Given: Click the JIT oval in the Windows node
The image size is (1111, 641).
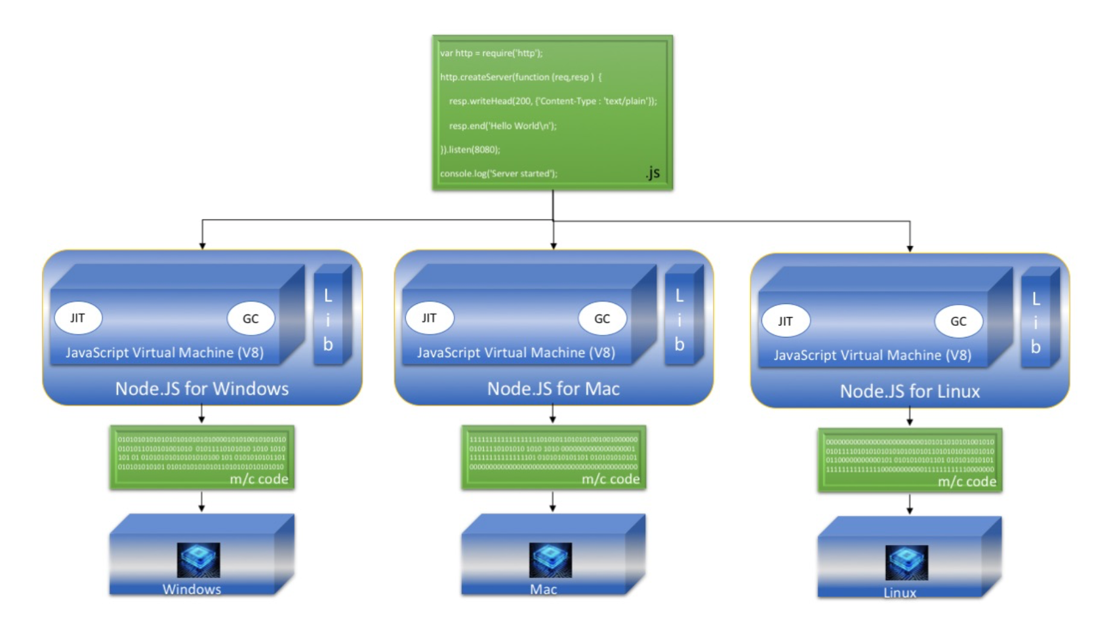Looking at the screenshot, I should click(78, 318).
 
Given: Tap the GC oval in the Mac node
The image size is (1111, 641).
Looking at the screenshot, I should click(601, 319).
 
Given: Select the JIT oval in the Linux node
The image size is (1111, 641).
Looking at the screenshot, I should click(785, 321).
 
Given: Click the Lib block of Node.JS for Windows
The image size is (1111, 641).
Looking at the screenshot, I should click(328, 319).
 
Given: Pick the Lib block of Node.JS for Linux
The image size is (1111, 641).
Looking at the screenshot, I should click(1036, 322).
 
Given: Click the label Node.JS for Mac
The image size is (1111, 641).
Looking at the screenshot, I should click(553, 389).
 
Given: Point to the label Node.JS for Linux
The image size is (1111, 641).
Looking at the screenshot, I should click(910, 391).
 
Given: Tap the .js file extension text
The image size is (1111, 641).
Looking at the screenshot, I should click(653, 172).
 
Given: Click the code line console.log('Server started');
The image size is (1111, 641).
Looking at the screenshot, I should click(498, 174).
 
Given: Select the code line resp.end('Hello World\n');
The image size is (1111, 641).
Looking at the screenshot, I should click(502, 126).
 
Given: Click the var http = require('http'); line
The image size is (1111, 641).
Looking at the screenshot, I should click(491, 53).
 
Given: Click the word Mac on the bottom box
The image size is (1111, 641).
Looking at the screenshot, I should click(543, 589).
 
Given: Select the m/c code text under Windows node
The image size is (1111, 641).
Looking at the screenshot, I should click(258, 479).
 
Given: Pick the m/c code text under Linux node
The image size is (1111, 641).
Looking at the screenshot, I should click(967, 482).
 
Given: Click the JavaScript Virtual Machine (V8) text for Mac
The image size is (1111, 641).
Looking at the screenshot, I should click(515, 353).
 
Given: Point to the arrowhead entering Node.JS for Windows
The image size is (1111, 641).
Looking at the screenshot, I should click(203, 246).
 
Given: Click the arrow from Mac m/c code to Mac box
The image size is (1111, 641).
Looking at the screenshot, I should click(553, 502).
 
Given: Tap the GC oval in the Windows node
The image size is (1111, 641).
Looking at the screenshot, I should click(251, 319).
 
